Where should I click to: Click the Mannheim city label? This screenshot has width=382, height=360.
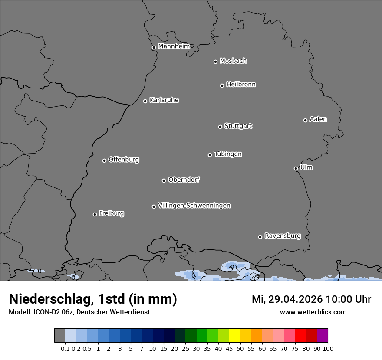[x=174, y=46]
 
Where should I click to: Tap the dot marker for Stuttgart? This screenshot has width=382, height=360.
[x=220, y=127]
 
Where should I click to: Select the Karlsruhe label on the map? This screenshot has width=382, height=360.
[x=164, y=100]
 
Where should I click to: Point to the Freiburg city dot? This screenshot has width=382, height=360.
[x=95, y=214]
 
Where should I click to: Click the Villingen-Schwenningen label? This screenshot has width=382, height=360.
[x=194, y=206]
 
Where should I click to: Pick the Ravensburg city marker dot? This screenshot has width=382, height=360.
[x=260, y=237]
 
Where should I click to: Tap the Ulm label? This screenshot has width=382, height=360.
[x=306, y=167]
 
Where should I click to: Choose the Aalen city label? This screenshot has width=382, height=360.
[x=318, y=119]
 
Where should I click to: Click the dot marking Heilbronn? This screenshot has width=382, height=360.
[x=222, y=85]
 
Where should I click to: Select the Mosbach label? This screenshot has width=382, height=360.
[x=233, y=61]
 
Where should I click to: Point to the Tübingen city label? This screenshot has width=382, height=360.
[x=228, y=154]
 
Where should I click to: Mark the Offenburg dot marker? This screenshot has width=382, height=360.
[x=104, y=160]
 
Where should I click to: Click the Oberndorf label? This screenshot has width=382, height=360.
[x=184, y=180]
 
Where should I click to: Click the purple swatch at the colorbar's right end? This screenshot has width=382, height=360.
[x=322, y=336]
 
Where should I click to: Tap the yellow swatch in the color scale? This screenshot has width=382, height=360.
[x=234, y=336]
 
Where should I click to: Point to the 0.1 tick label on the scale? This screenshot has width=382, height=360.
[x=65, y=348]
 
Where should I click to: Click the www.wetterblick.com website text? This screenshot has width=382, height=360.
[x=313, y=312]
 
